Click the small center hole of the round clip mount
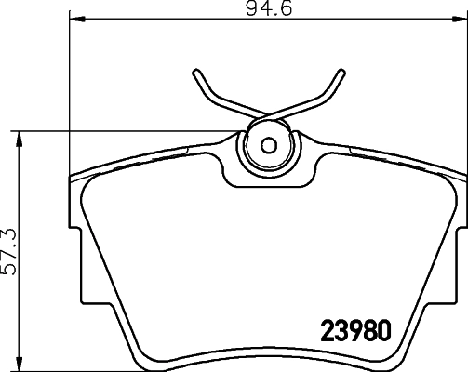268,145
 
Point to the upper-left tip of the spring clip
196,71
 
